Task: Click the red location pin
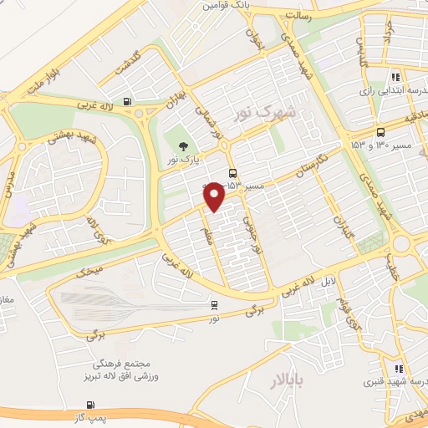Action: [x=214, y=196]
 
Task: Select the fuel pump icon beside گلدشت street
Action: [x=126, y=102]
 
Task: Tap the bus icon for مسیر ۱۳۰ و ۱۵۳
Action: [x=381, y=131]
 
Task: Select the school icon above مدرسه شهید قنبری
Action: [x=399, y=368]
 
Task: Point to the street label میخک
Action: [x=88, y=271]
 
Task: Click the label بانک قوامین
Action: [x=218, y=5]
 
